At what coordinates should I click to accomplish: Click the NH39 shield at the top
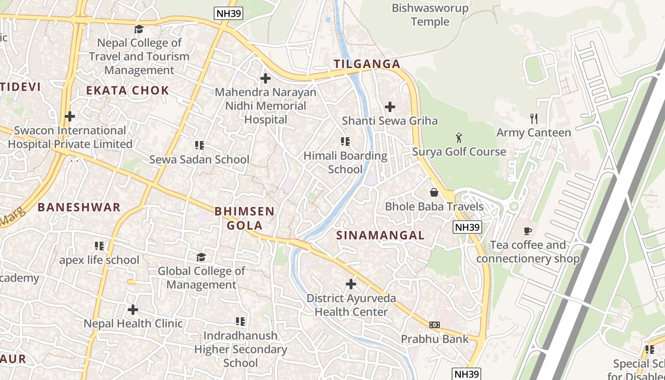(x=228, y=13)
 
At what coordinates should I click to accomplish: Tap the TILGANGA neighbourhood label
(x=367, y=64)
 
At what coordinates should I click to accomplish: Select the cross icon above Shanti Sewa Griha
(x=390, y=107)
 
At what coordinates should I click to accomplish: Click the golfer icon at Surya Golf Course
(x=458, y=138)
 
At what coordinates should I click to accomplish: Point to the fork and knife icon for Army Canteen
(x=534, y=119)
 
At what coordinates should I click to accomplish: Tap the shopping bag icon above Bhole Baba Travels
(x=434, y=192)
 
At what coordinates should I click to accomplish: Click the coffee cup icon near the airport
(x=527, y=231)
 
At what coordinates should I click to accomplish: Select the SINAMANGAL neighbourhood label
(x=380, y=235)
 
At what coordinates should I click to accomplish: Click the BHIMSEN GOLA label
(x=245, y=218)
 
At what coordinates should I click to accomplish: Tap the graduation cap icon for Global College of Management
(x=201, y=257)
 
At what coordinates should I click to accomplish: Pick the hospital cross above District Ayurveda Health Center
(x=351, y=284)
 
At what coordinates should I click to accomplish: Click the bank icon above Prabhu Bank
(x=434, y=325)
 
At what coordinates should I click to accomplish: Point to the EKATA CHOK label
(x=127, y=90)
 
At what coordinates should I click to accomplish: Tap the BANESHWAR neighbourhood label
(x=79, y=207)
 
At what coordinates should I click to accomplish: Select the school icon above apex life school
(x=99, y=246)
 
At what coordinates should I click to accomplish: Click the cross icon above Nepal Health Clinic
(x=133, y=310)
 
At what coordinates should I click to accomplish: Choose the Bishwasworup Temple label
(x=430, y=15)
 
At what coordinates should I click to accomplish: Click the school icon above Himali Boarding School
(x=345, y=142)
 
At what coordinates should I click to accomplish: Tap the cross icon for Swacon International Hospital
(x=70, y=116)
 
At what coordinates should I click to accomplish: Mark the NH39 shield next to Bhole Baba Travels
(x=467, y=228)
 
